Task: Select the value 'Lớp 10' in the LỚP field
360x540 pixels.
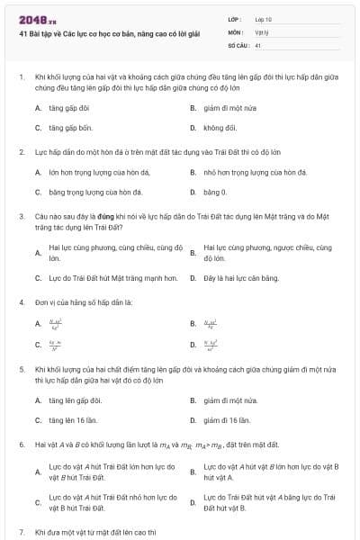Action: [x=264, y=19]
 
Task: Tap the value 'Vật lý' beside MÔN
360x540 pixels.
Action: [x=262, y=31]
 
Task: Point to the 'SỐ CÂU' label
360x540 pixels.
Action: [x=238, y=44]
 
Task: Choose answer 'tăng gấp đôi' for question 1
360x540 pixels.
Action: [x=69, y=107]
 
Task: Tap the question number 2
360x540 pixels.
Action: [x=21, y=151]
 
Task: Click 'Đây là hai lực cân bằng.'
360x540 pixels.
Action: [x=244, y=278]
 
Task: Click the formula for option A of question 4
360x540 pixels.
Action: [x=56, y=323]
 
